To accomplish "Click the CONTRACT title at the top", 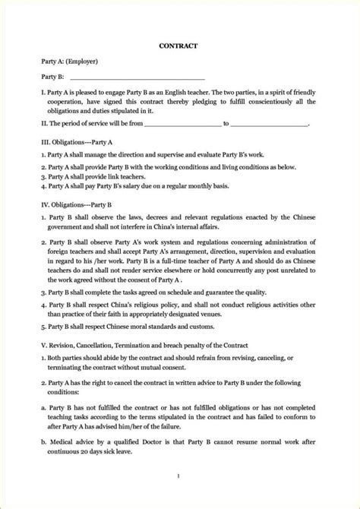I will [x=179, y=46].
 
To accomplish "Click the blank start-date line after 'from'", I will [x=181, y=122].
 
